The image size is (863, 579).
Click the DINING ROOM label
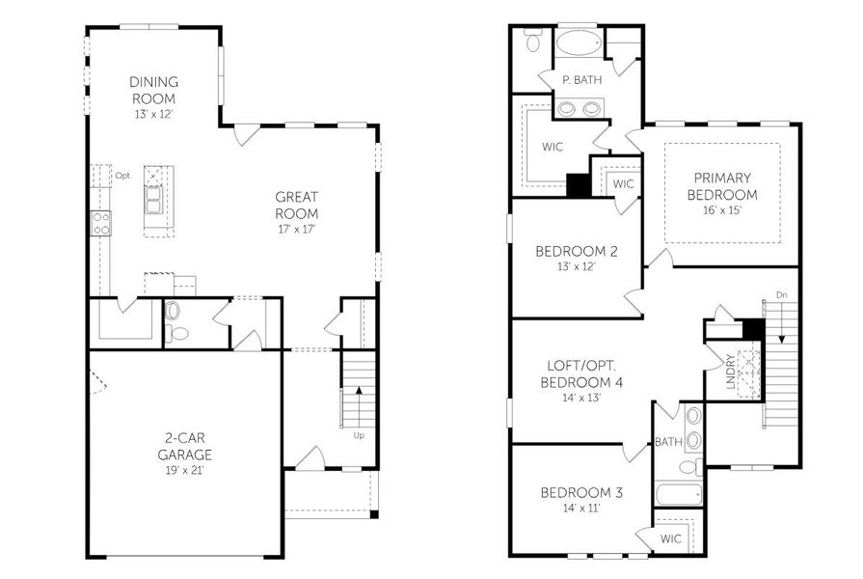153,91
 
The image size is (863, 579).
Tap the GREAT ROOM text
296,205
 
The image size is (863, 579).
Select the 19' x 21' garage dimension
184,470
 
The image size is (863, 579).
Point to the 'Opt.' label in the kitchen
122,176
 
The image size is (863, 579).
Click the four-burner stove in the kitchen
101,223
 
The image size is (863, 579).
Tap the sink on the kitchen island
154,200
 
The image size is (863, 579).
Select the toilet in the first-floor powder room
175,323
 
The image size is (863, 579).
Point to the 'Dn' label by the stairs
781,295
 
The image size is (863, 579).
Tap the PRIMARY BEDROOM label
721,186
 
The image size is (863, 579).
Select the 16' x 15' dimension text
721,210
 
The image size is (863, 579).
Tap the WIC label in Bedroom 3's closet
670,538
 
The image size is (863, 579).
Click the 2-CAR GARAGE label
184,446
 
